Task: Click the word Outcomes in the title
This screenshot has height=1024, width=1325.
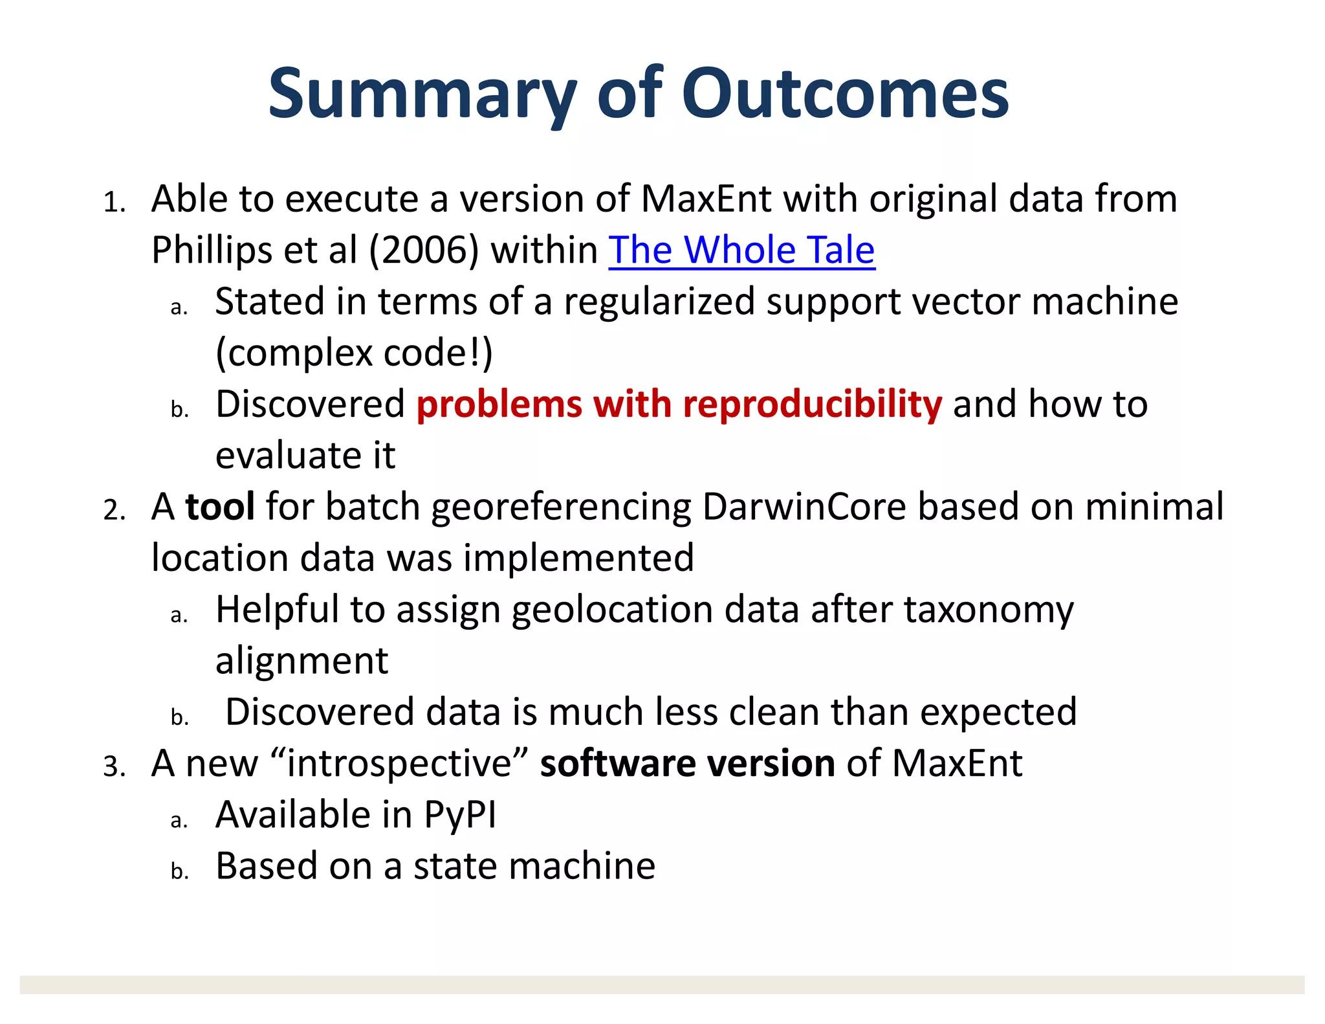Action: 844,94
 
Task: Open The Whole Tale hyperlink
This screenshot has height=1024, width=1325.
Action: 741,250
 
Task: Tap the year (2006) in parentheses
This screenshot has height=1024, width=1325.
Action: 424,250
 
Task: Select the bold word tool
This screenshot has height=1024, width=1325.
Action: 220,506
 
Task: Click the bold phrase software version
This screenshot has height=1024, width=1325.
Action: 687,763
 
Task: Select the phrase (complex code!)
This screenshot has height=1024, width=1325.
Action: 354,353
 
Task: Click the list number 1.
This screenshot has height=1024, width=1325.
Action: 114,203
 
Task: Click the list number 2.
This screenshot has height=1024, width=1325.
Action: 114,511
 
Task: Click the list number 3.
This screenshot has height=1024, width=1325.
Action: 114,768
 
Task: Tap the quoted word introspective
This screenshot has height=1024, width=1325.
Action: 399,763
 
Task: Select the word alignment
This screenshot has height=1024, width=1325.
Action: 301,661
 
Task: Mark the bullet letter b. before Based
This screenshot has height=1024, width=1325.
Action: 179,871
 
